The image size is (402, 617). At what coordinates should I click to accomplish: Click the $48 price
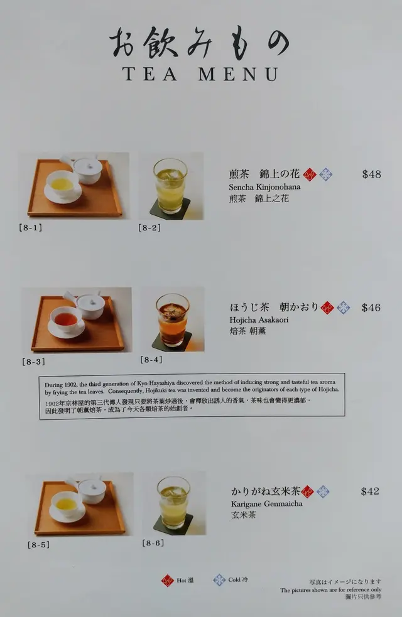tap(371, 174)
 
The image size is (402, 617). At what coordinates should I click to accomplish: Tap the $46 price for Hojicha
tap(371, 308)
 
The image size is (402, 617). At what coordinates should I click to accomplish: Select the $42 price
tap(370, 491)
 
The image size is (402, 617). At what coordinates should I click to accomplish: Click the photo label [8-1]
tap(30, 227)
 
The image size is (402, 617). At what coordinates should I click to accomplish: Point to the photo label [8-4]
tap(151, 359)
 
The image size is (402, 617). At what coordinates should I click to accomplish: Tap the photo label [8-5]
tap(38, 545)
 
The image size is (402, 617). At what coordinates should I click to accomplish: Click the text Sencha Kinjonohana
tap(264, 187)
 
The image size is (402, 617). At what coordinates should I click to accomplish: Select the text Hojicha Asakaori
tap(259, 319)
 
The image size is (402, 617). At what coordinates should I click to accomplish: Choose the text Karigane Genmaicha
tap(266, 503)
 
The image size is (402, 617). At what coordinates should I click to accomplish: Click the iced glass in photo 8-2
tap(170, 186)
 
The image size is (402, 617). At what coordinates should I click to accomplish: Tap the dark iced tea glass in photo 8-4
tap(173, 319)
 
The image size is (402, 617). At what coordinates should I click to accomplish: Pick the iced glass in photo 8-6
tap(173, 503)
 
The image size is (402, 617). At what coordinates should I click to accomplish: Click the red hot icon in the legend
tap(167, 581)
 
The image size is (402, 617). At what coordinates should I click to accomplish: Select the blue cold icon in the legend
tap(219, 579)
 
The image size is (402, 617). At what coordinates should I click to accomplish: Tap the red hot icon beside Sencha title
tap(310, 174)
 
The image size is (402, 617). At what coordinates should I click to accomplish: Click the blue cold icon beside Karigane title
tap(323, 491)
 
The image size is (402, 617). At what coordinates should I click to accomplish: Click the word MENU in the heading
tap(239, 74)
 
